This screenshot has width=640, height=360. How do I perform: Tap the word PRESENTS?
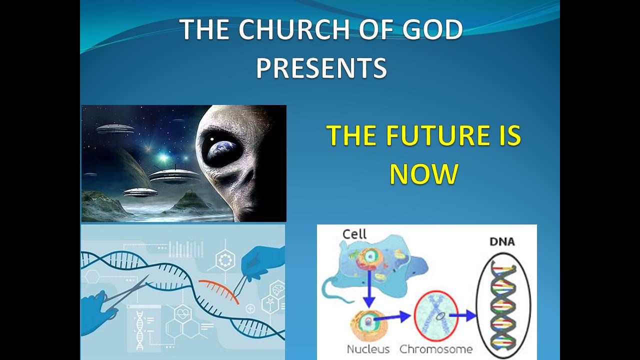pos(321,67)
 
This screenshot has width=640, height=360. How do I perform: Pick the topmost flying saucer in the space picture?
pos(115,129)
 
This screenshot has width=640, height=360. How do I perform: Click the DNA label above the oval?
pos(502,241)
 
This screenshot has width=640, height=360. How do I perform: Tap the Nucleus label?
pos(368,349)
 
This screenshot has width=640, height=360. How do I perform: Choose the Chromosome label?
pos(435,349)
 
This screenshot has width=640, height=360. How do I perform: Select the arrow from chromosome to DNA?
pos(463,315)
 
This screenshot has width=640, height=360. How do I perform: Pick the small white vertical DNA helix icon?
pos(139,330)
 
